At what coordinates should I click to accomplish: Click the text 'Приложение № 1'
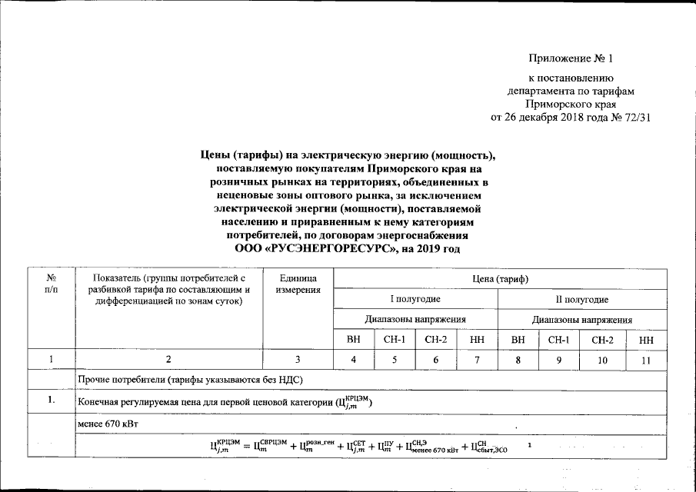pos(571,58)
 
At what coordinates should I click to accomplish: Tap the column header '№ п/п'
pos(51,282)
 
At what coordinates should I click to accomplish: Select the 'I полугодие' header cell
pos(415,298)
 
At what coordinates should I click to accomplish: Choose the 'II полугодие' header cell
pos(582,298)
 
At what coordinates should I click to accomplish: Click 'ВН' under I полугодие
pos(353,339)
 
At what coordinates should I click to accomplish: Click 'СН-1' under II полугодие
pos(559,339)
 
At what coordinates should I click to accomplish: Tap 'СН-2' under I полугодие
pos(436,339)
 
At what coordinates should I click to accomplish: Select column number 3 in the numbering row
pos(298,359)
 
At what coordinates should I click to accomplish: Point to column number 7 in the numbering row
pos(478,359)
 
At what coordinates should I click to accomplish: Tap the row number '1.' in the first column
pos(51,401)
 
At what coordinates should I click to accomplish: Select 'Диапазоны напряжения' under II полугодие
pos(582,319)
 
